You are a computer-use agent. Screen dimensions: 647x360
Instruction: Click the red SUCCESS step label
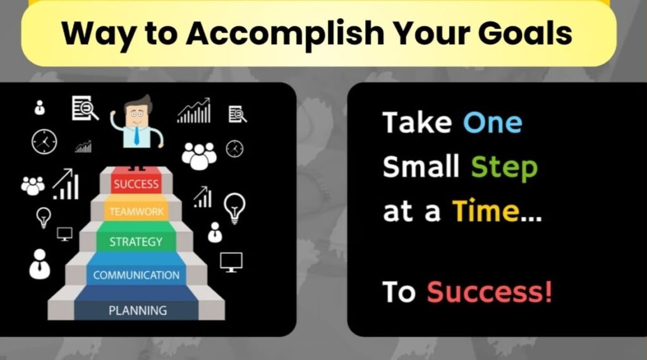136,184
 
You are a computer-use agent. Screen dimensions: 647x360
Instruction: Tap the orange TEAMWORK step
136,212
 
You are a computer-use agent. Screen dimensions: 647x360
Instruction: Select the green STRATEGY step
136,242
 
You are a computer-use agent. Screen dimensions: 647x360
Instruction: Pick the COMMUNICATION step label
136,275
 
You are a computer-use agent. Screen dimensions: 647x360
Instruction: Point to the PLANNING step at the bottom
137,311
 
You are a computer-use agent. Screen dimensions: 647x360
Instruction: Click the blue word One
493,123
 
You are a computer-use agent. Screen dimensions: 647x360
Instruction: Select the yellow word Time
486,211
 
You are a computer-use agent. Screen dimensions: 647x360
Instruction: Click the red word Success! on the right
489,292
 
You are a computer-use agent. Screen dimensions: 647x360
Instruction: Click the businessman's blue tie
136,136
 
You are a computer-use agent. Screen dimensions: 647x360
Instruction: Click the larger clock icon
44,142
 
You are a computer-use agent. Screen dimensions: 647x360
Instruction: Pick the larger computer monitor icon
231,262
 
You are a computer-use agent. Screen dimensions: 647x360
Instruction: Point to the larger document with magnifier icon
85,108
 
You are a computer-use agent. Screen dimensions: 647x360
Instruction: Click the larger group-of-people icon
199,156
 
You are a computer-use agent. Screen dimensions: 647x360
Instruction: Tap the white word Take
417,123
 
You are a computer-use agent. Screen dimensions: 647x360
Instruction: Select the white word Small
421,166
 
